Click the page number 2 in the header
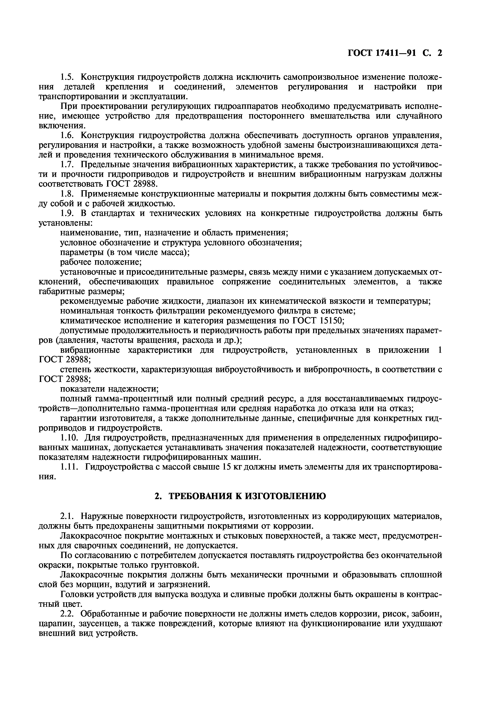(x=439, y=53)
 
